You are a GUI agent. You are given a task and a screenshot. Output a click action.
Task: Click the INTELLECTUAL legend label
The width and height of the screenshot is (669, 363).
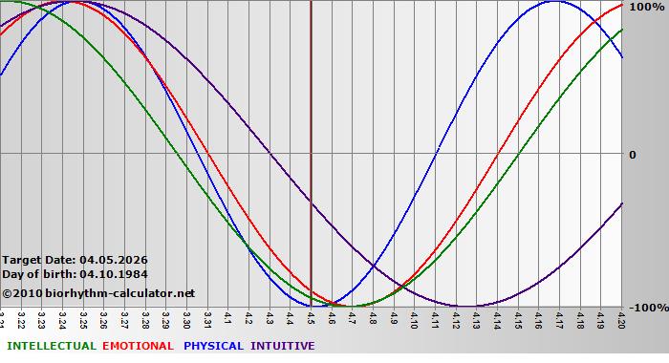(x=50, y=346)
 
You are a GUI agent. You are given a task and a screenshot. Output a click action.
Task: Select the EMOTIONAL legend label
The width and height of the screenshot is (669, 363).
(x=138, y=346)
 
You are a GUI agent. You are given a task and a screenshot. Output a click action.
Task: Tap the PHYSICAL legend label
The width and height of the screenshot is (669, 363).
(x=213, y=346)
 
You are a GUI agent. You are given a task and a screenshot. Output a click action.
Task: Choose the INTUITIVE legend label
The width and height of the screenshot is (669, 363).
(x=282, y=346)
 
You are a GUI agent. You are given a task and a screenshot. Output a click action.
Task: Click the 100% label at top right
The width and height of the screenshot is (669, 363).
(x=646, y=7)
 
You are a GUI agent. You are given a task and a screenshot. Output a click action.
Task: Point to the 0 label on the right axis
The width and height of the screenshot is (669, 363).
(x=632, y=155)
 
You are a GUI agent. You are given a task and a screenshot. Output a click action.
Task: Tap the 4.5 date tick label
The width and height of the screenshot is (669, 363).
(x=312, y=317)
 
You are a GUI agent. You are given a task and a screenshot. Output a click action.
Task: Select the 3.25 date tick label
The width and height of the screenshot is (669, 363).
(x=83, y=318)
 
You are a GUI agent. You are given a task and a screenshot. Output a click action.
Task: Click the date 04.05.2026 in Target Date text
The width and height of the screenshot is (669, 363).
(x=114, y=260)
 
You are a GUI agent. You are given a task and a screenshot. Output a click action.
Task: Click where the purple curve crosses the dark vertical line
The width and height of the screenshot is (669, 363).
(x=312, y=203)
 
